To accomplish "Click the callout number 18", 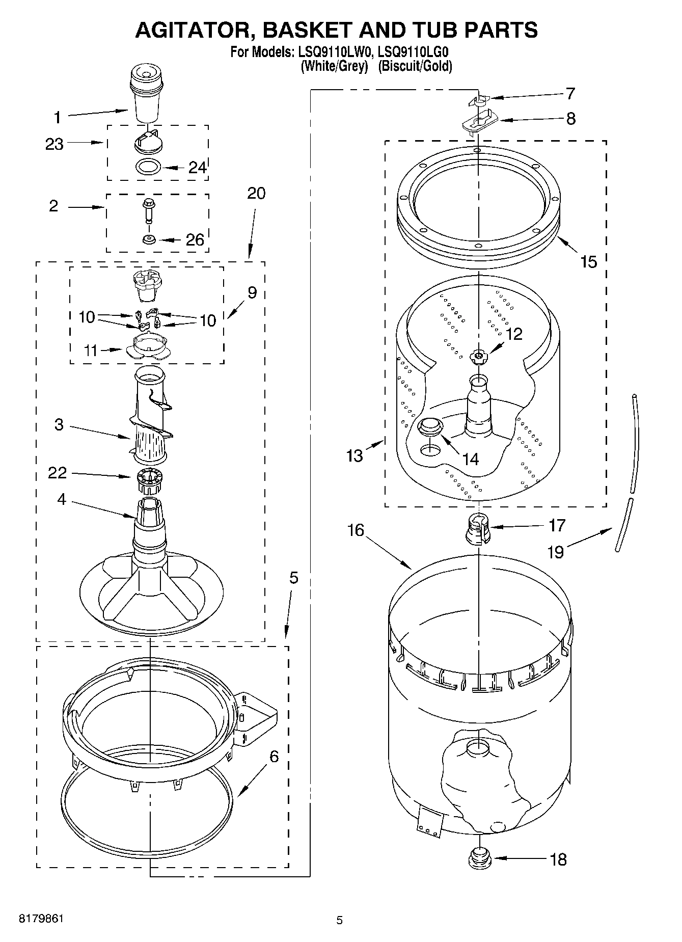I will [x=558, y=860].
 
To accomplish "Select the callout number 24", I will [x=198, y=168].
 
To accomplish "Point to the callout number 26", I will [x=195, y=239].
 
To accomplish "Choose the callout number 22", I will [x=57, y=473].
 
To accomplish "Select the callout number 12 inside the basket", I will [x=514, y=334].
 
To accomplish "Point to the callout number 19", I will [x=556, y=552].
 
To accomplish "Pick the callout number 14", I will [x=471, y=459].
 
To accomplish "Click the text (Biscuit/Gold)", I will [x=415, y=66].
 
